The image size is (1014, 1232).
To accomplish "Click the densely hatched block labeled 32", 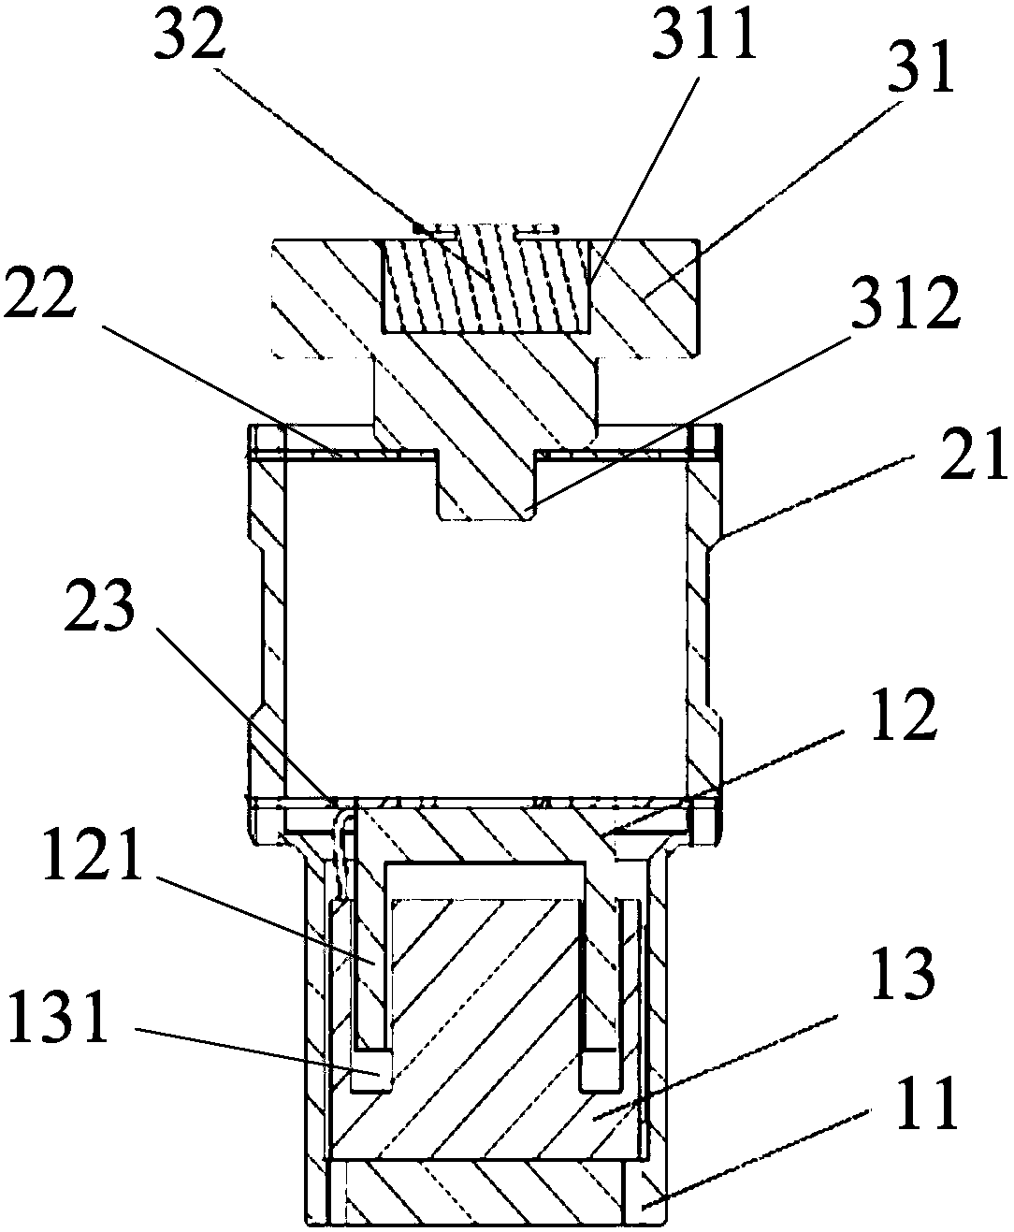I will click(x=486, y=284).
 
